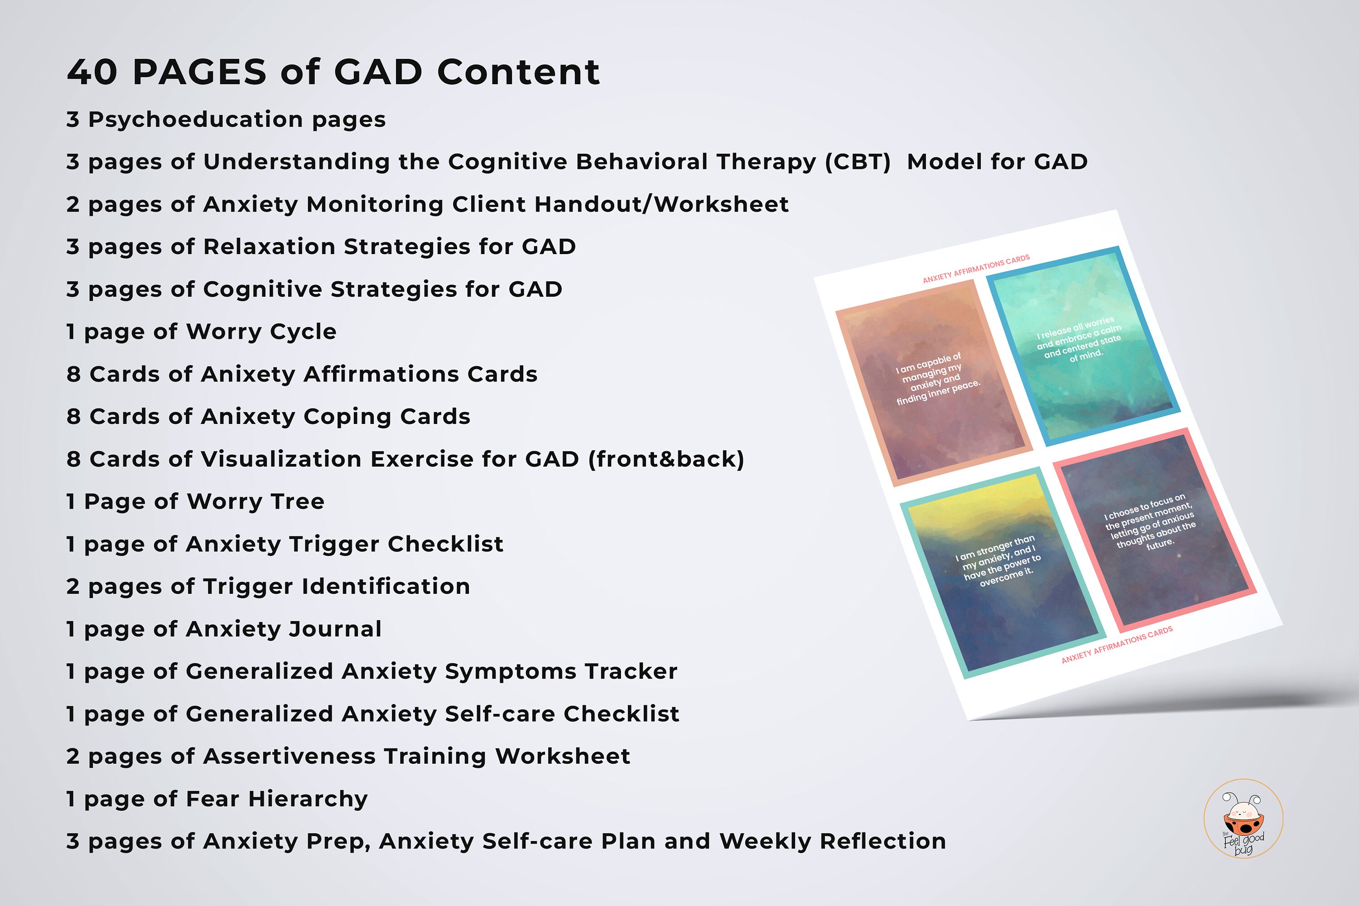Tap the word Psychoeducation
coord(195,120)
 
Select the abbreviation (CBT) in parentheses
coord(858,162)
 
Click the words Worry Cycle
coord(261,332)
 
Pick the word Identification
coord(386,587)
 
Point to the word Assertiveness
coord(289,757)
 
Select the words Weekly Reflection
coord(833,841)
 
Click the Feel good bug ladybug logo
coord(1243,818)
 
